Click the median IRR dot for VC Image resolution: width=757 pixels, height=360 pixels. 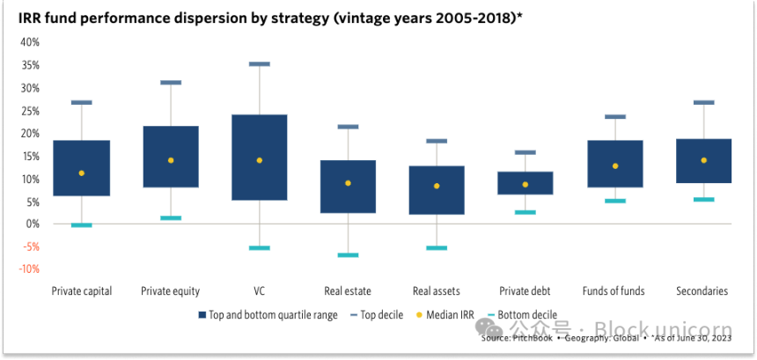[x=260, y=160]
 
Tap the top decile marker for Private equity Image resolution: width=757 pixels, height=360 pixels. [x=171, y=83]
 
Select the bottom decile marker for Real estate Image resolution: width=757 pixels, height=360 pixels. [x=348, y=254]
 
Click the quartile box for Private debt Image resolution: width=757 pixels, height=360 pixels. [x=525, y=183]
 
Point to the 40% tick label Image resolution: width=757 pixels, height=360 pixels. [x=29, y=42]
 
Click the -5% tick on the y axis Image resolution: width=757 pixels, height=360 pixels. [x=29, y=246]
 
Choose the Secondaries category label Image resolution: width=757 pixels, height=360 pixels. [x=702, y=291]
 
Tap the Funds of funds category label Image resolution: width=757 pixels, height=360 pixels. [x=614, y=291]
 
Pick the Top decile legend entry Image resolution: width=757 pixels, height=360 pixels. [x=377, y=315]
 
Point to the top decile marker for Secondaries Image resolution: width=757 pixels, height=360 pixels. [x=704, y=102]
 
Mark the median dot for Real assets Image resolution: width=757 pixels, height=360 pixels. [x=437, y=186]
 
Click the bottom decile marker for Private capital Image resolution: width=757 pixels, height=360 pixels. [x=82, y=224]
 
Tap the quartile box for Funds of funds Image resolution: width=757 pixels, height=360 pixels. [x=614, y=164]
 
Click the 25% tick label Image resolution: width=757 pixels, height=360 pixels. [x=29, y=111]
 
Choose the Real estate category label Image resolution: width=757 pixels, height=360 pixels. [x=348, y=291]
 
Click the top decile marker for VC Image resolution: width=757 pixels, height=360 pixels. [x=260, y=63]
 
